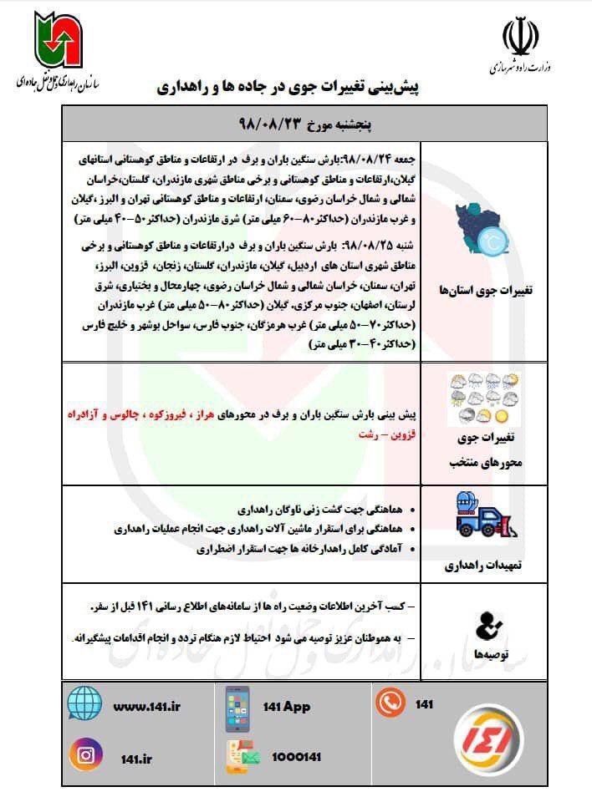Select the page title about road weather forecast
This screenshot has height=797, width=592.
tap(298, 86)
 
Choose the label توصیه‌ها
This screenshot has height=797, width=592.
tap(490, 656)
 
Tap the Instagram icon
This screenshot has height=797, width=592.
tap(86, 755)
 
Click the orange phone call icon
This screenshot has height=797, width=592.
tap(390, 703)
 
